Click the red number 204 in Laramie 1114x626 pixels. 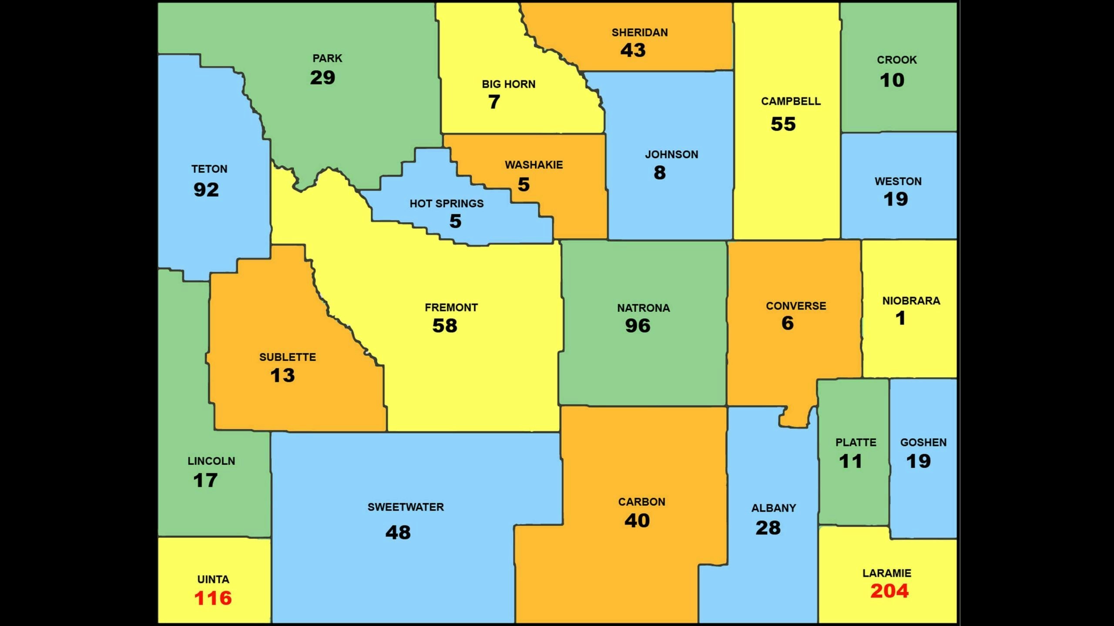tap(889, 591)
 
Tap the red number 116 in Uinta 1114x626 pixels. tap(213, 598)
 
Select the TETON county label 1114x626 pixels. tap(209, 169)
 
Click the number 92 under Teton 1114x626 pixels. tap(206, 190)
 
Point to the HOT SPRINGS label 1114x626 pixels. tap(446, 203)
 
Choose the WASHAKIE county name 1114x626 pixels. tap(534, 165)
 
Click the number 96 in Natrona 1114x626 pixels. tap(638, 326)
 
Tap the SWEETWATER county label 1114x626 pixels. tap(406, 507)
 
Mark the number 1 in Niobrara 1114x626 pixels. tap(900, 318)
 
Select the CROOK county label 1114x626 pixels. tap(896, 60)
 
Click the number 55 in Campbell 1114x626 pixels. tap(783, 124)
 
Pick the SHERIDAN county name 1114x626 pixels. tap(639, 33)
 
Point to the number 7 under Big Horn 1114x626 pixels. tap(494, 102)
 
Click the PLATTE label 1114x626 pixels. tap(856, 443)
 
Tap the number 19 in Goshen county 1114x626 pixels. tap(918, 461)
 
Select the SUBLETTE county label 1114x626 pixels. tap(287, 357)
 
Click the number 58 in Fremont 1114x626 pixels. tap(444, 326)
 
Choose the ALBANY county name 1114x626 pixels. tap(773, 508)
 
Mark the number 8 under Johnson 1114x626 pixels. tap(660, 173)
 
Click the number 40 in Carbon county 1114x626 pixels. tap(637, 520)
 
